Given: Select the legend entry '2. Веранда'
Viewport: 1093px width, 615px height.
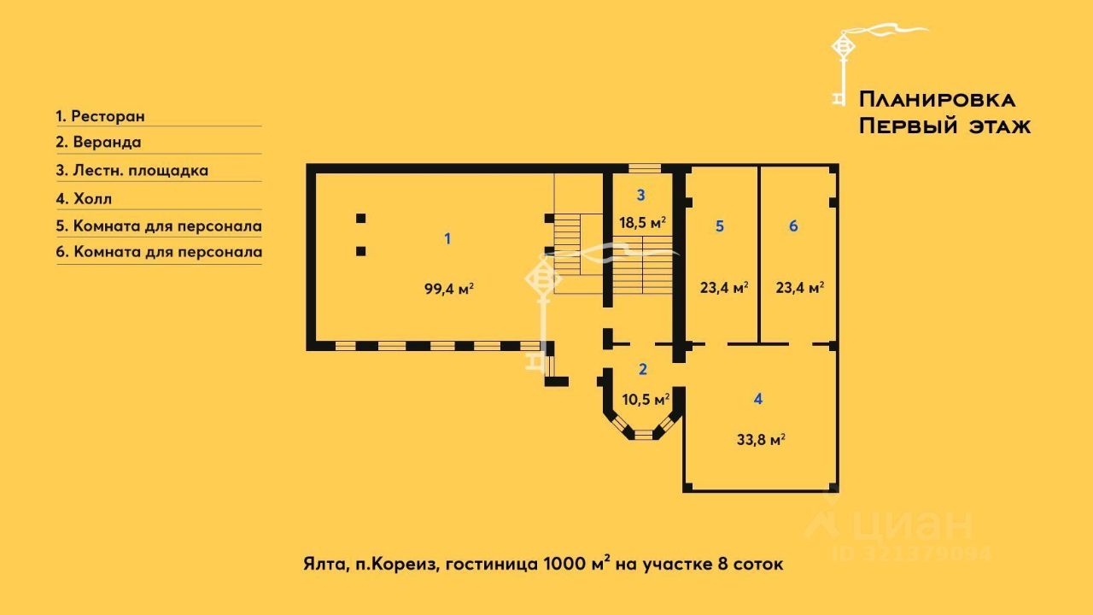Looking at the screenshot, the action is (98, 143).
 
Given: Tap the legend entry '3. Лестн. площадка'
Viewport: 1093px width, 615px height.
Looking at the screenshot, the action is (132, 170).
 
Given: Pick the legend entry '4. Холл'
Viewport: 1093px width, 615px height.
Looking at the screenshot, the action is (84, 199).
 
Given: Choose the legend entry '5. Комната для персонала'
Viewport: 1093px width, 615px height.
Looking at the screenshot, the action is (159, 226).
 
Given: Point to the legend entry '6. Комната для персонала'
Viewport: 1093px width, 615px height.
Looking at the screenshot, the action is (159, 252).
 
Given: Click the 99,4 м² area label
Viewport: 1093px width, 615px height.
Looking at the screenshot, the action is (449, 289).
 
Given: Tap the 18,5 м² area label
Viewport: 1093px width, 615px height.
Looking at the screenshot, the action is (642, 222).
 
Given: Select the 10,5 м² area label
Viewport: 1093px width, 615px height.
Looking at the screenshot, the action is (645, 399).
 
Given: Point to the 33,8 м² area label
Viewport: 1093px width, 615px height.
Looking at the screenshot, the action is (761, 440).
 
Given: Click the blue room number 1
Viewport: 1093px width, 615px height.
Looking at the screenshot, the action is (447, 238).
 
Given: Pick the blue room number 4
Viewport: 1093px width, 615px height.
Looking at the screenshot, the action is (758, 398).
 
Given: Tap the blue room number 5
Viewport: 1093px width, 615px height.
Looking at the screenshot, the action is (720, 226).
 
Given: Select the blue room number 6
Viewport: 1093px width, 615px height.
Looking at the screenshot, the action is (793, 226).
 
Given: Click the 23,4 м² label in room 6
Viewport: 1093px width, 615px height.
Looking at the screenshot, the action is (799, 288).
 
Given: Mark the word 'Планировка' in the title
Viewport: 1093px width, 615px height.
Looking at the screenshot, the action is (937, 99).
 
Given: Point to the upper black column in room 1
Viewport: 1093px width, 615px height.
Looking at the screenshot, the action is (361, 218).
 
